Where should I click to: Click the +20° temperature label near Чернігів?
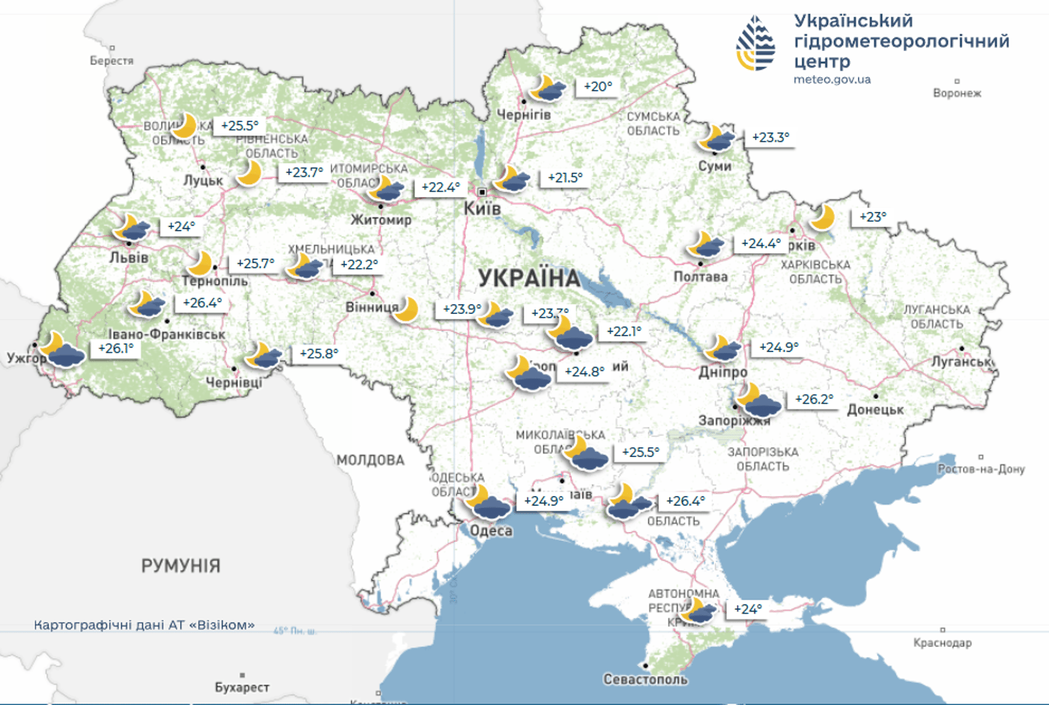click(598, 87)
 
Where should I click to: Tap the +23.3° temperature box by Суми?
click(770, 138)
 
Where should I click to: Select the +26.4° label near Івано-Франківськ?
click(202, 303)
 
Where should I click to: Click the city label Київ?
click(482, 209)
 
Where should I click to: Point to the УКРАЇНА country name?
click(529, 279)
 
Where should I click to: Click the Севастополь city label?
click(645, 680)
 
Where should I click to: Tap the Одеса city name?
click(491, 531)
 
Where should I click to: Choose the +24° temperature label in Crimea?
click(748, 609)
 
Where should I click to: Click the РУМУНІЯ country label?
click(181, 566)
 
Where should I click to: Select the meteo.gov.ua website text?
click(832, 79)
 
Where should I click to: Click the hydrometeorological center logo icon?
click(755, 43)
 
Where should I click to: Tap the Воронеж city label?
click(957, 93)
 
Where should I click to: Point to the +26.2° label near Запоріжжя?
click(814, 399)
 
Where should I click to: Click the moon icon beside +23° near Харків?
click(823, 217)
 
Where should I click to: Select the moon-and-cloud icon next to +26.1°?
click(61, 350)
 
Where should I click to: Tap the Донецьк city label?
click(875, 410)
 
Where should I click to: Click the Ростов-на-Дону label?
click(981, 469)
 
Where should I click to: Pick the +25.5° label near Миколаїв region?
click(641, 453)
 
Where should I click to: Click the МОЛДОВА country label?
click(370, 460)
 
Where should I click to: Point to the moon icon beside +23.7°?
click(249, 174)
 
